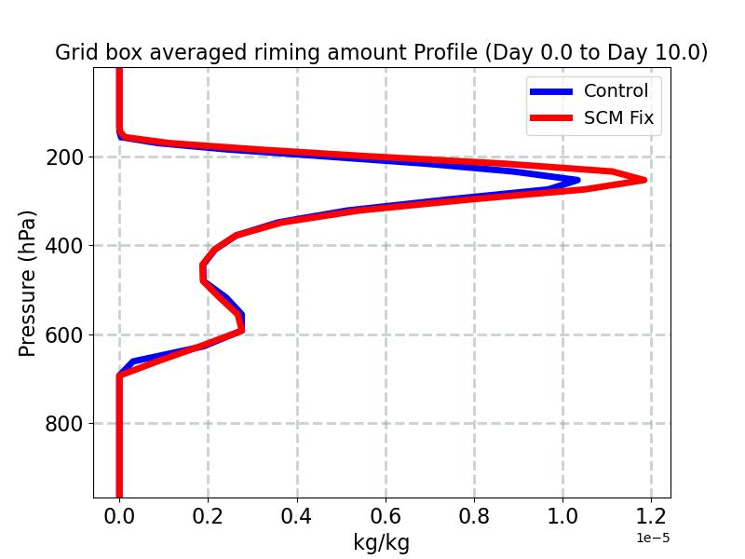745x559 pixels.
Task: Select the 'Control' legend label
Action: click(x=616, y=91)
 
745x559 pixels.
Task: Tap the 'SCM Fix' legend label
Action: click(x=618, y=118)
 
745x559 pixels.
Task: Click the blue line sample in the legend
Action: click(x=551, y=91)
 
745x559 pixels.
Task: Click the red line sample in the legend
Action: click(x=551, y=118)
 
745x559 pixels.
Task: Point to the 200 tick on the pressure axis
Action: click(x=65, y=157)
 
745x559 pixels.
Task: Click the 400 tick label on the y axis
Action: click(x=65, y=246)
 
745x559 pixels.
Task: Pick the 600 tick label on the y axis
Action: click(x=65, y=334)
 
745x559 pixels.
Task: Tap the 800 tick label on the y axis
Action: click(x=65, y=424)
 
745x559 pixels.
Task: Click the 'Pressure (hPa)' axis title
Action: click(x=28, y=283)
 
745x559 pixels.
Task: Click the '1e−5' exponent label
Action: click(x=653, y=539)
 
